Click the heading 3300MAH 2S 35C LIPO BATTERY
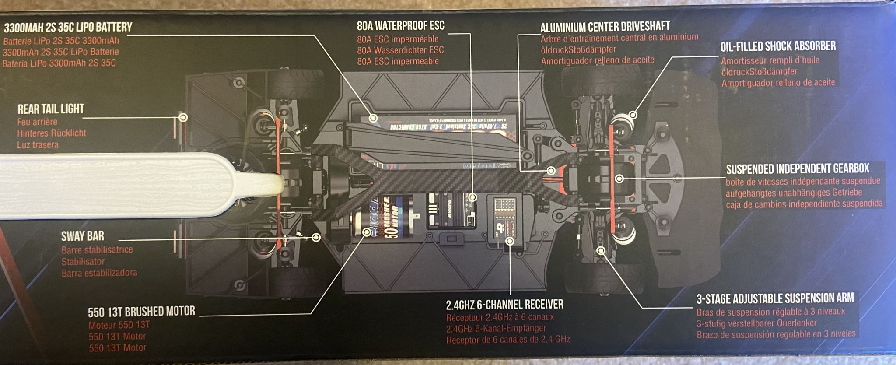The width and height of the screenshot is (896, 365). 68,27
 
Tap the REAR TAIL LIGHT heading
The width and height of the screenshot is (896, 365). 51,109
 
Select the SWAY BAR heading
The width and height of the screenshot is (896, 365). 83,236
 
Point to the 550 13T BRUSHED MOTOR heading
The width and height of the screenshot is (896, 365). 141,312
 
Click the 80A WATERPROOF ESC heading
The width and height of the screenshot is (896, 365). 400,25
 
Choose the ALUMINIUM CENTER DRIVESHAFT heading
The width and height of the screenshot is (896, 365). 605,27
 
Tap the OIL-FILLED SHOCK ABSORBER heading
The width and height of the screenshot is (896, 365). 778,46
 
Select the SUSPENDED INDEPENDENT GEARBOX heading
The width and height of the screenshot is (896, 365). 798,168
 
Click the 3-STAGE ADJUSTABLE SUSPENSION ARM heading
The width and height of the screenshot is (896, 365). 775,298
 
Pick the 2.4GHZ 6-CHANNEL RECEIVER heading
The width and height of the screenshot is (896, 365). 504,304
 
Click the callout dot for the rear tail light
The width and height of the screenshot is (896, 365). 184,117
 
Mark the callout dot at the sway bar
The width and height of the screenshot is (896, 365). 316,237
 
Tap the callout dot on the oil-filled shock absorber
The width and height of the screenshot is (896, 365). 633,115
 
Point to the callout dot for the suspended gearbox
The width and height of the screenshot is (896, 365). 619,179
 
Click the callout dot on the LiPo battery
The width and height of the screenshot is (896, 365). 373,118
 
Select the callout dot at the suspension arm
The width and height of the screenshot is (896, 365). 601,251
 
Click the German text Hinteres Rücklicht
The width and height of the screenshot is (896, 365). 52,133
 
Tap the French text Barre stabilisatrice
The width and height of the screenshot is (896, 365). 97,250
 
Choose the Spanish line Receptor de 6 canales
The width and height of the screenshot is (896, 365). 508,340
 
